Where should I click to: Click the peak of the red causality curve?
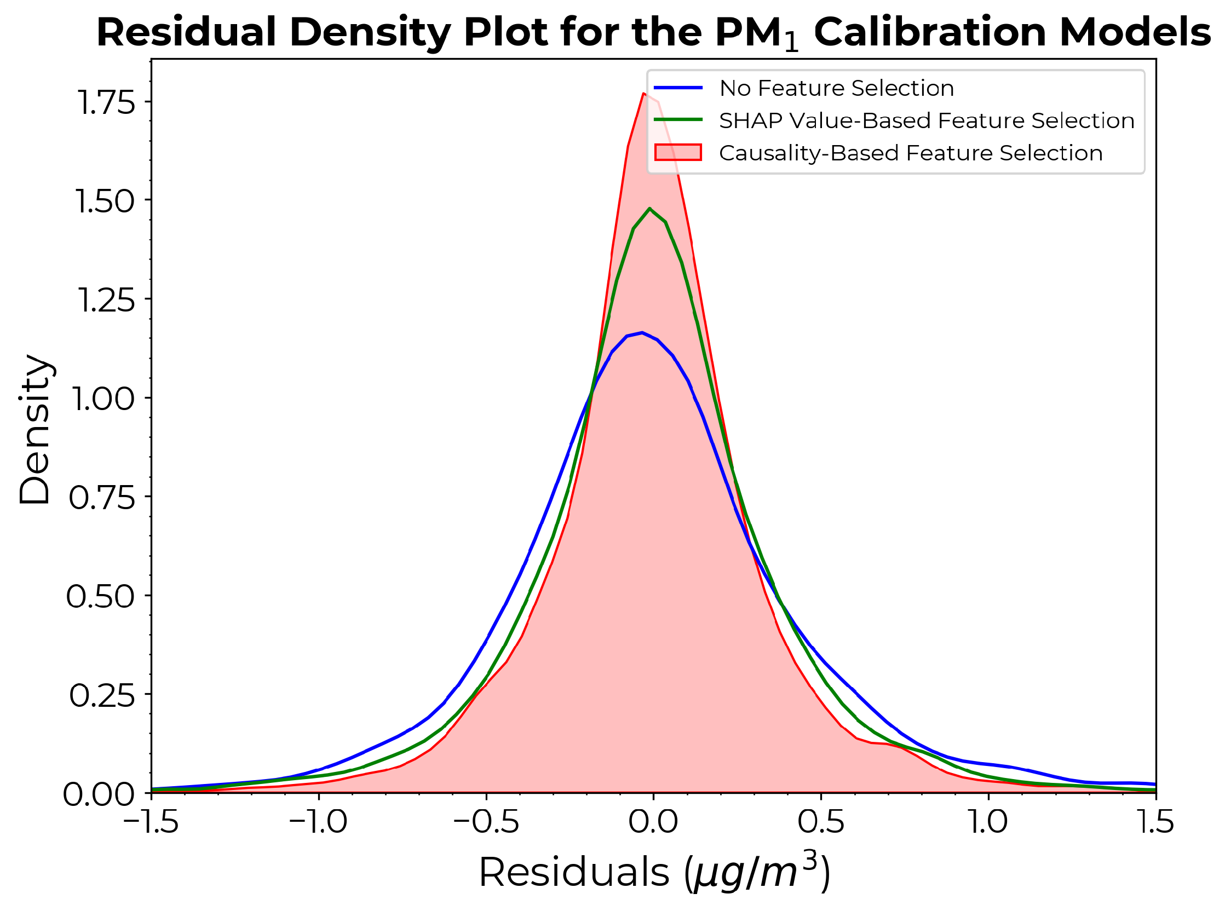coord(644,94)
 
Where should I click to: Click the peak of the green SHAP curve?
coord(650,209)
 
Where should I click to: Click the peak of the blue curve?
coord(642,332)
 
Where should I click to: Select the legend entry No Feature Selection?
coord(837,88)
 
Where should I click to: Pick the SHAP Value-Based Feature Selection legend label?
coord(927,120)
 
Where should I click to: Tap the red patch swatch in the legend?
coord(678,152)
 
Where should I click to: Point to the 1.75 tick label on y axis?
coord(106,102)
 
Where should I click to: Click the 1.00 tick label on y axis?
coord(103,399)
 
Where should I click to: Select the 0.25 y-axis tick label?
coord(102,696)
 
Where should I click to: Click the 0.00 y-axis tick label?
coord(99,794)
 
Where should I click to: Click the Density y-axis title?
coord(35,429)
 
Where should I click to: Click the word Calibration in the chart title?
coord(930,32)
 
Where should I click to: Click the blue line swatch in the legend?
coord(678,88)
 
